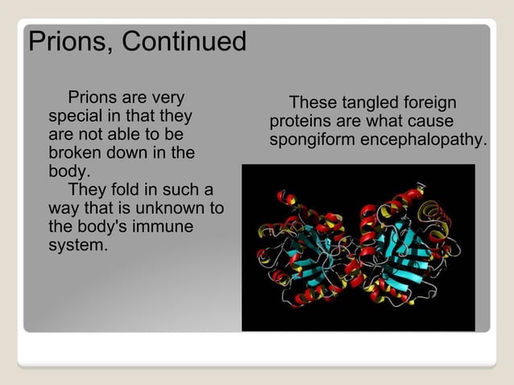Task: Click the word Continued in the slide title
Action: click(184, 42)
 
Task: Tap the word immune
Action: click(164, 227)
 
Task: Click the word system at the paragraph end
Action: click(77, 245)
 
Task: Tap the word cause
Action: click(433, 122)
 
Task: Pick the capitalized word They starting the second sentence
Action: click(89, 190)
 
